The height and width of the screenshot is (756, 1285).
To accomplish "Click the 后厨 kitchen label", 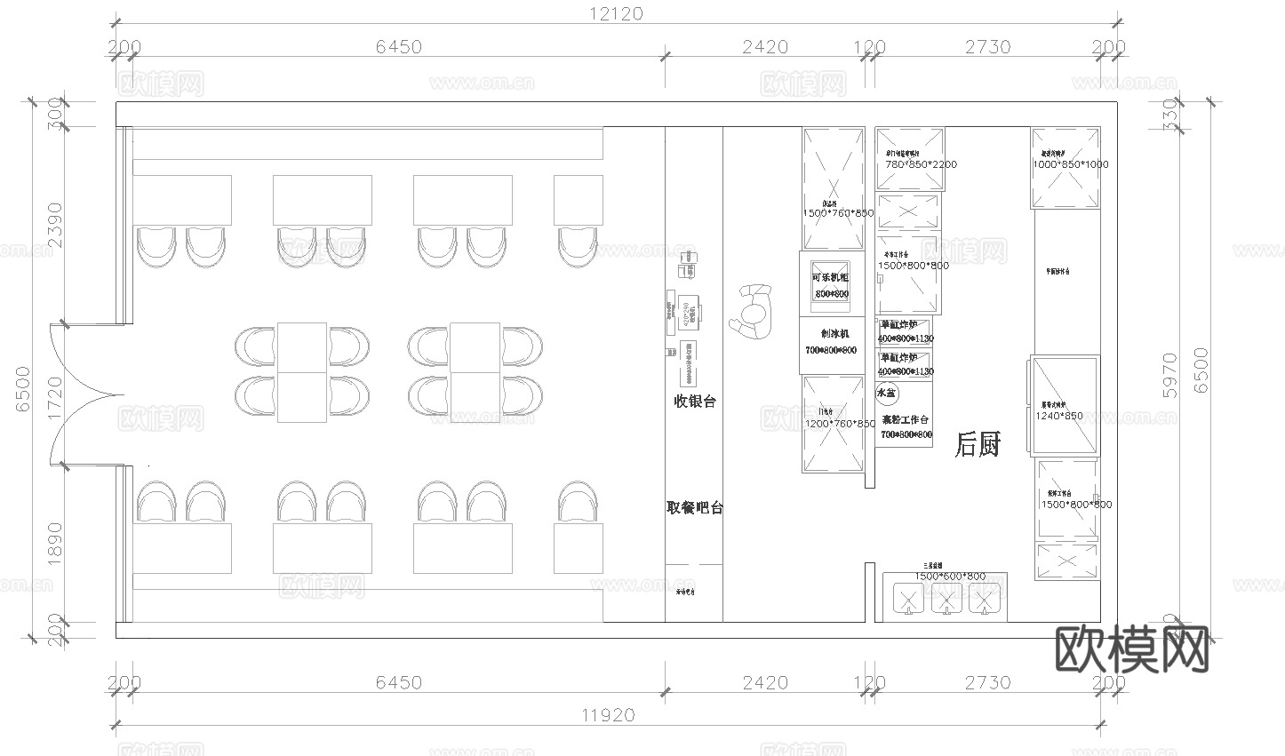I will [978, 443].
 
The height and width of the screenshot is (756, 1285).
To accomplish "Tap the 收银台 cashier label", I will [695, 402].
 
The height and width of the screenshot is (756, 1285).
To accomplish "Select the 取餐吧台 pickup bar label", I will [695, 508].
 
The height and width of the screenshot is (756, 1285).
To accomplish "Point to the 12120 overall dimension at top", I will [616, 14].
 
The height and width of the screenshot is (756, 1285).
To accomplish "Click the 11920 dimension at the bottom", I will [609, 715].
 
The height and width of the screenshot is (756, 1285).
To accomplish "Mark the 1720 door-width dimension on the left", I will [53, 394].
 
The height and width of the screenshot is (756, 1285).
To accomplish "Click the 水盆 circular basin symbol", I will [887, 393].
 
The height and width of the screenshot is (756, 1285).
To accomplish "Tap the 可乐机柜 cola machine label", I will [831, 278].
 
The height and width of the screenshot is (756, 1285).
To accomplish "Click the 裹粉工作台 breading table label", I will [905, 419].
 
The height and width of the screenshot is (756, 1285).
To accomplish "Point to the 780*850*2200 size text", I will [921, 164].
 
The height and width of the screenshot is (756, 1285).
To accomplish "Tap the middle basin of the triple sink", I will [946, 601].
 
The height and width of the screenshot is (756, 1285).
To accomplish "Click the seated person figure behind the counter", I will [754, 310].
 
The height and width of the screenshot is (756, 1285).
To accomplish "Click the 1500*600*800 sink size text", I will [950, 577].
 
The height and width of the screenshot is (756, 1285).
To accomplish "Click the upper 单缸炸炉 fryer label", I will [898, 325].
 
